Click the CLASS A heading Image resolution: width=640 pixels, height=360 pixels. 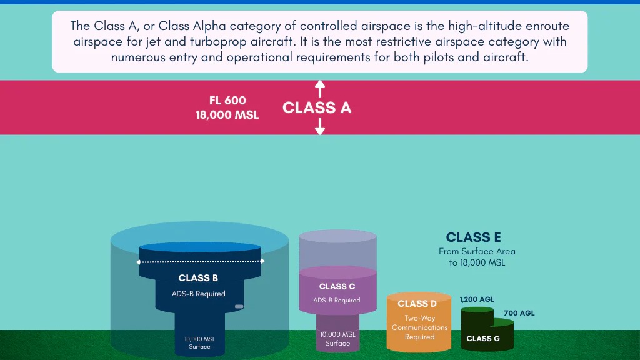(x=317, y=107)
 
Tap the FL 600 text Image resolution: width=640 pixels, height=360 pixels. (x=227, y=101)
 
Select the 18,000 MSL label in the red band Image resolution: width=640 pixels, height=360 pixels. (x=227, y=115)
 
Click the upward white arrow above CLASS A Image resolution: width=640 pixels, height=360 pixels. (x=320, y=88)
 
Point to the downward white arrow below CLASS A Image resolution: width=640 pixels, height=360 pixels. (x=320, y=127)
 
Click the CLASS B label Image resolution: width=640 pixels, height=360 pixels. (x=198, y=278)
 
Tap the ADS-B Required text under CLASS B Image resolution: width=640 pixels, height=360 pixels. (x=198, y=294)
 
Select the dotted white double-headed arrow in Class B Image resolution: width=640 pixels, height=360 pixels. (x=201, y=261)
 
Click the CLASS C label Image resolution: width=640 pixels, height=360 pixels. (x=337, y=287)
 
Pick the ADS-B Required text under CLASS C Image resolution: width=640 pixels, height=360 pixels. (x=337, y=301)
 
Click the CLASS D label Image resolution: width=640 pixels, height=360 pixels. (x=417, y=304)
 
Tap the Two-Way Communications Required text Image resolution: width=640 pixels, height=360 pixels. (x=419, y=327)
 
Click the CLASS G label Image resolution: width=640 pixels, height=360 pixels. (x=483, y=339)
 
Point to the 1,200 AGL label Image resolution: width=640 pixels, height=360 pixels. (x=477, y=300)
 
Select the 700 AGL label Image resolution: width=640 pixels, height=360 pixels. (x=519, y=313)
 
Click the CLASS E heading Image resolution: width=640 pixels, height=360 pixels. (x=473, y=237)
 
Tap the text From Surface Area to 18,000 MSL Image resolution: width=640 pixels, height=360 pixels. (x=477, y=257)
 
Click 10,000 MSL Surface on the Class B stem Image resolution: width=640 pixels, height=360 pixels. (x=199, y=342)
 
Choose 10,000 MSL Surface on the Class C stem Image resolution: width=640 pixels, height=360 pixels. (x=337, y=339)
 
